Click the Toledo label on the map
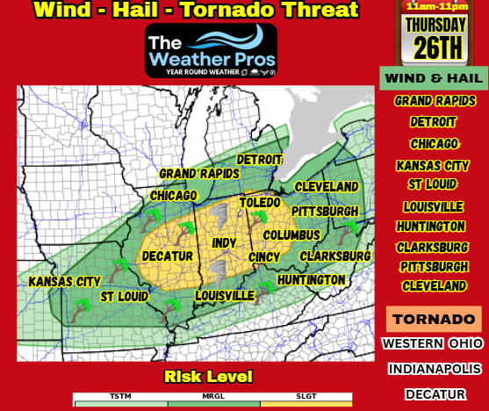click(260, 203)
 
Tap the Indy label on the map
click(224, 242)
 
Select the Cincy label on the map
click(263, 257)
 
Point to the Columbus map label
click(291, 235)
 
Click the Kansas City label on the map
click(64, 282)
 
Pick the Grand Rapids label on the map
click(198, 174)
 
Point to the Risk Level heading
click(208, 377)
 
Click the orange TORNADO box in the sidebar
click(434, 319)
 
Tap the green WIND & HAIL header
click(434, 78)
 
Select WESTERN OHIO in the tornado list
click(434, 343)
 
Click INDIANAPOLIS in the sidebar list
click(434, 369)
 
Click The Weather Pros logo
click(212, 50)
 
